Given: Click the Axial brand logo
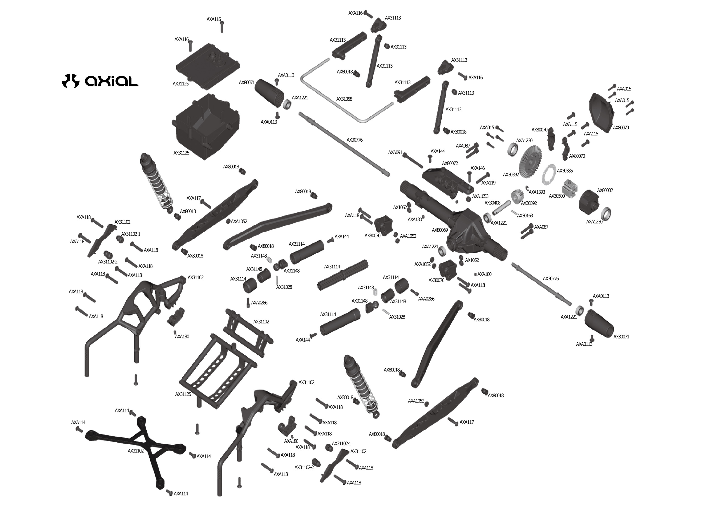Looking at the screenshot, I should [100, 81].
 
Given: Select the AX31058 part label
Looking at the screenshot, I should [344, 99].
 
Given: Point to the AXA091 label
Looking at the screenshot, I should [395, 153].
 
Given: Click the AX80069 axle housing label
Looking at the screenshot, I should [440, 230].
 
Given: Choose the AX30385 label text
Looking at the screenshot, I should [565, 171].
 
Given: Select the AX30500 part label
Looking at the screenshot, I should [557, 196].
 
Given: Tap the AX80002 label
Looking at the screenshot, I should [605, 190].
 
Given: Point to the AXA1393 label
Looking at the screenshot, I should [537, 192].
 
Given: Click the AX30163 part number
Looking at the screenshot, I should [525, 216].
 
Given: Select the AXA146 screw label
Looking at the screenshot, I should [477, 168].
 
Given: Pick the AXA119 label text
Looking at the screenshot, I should [488, 183].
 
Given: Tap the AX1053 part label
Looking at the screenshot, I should [480, 197].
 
